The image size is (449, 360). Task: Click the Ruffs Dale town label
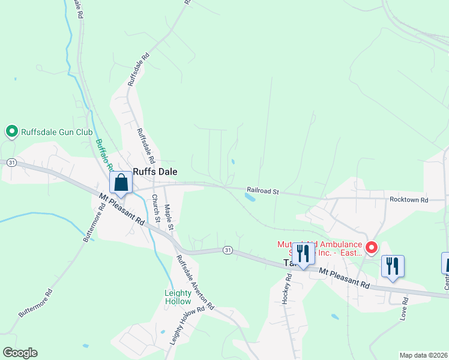(155, 171)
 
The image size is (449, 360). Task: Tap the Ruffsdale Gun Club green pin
(11, 131)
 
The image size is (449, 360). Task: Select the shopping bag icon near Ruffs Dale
(121, 183)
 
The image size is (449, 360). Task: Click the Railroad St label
(263, 191)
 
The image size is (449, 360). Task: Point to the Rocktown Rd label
(408, 199)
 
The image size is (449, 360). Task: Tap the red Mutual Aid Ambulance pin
(372, 247)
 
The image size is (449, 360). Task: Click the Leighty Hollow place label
(178, 297)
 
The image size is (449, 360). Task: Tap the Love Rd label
(404, 307)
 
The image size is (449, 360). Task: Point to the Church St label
(155, 208)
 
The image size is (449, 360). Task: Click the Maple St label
(169, 217)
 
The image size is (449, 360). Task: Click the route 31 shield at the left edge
(11, 163)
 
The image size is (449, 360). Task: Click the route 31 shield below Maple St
(227, 249)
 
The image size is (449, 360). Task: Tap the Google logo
(20, 353)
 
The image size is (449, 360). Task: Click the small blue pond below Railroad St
(250, 196)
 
